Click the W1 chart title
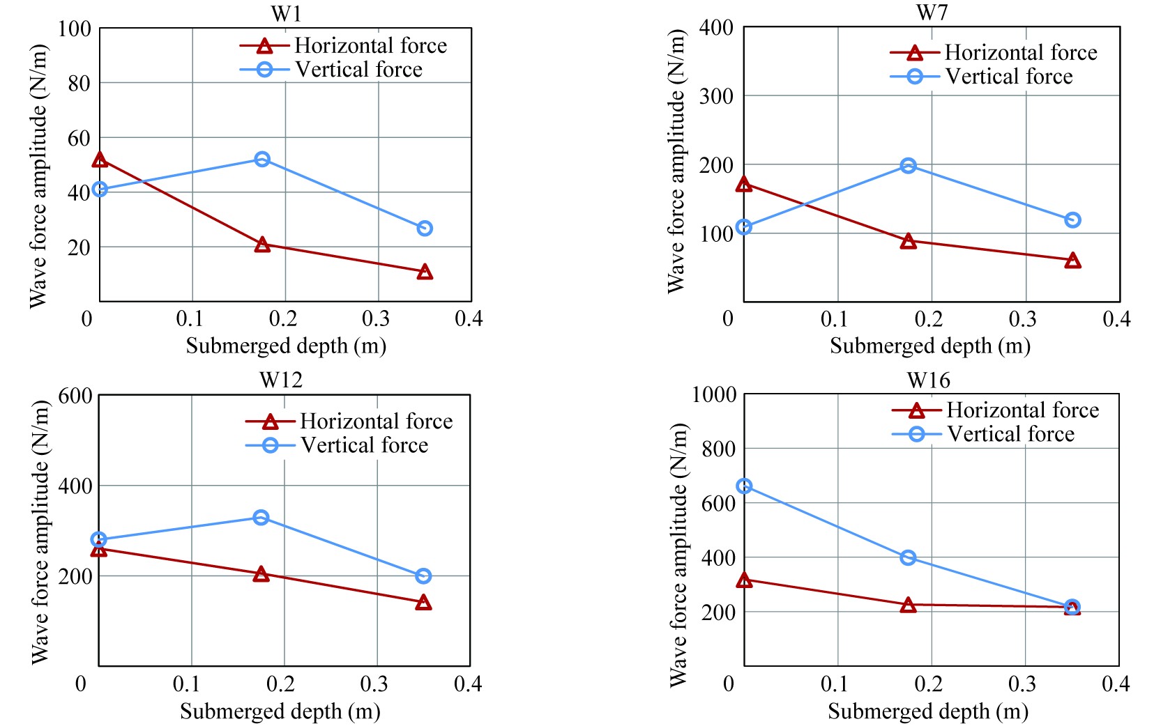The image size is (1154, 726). coord(286,14)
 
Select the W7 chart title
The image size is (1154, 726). coord(932,13)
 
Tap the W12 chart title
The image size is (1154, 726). coord(281,380)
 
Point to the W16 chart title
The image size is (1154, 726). coord(929,380)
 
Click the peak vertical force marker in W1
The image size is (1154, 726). coord(262,160)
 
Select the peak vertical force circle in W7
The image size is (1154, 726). coord(908,166)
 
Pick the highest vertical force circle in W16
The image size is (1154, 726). coord(744,486)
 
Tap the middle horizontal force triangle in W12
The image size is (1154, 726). coord(261,574)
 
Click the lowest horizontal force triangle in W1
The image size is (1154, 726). coord(425,272)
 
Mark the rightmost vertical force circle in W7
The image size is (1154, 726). coord(1072,220)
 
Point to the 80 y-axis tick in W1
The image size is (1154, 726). coord(79,84)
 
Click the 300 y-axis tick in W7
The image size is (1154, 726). coord(716,96)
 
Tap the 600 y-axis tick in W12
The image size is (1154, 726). coord(75,396)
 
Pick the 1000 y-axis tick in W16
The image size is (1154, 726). coord(714,395)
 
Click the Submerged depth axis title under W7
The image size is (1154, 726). coord(929,346)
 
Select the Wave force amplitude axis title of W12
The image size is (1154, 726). coord(40,532)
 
